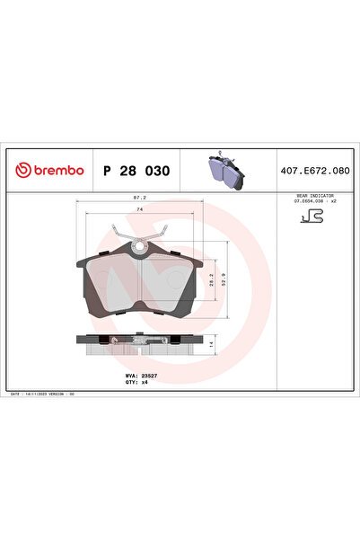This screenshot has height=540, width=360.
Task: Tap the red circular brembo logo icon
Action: point(23,171)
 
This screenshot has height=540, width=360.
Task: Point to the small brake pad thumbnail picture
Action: point(224,169)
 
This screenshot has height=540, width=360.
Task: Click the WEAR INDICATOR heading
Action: point(314,194)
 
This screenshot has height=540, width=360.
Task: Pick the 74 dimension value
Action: point(139,209)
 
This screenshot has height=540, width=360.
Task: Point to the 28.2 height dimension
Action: point(211,283)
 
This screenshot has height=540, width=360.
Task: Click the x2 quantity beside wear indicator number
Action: point(333,201)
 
